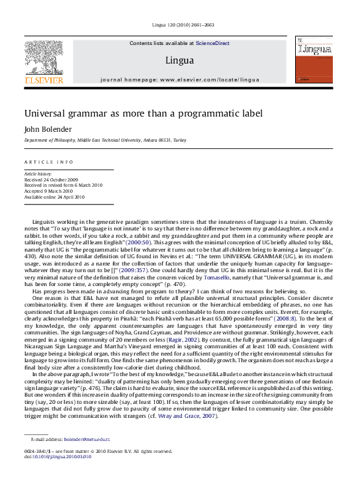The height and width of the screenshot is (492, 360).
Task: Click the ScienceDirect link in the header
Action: coord(212,43)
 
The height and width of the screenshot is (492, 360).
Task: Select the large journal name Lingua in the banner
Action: coord(179,61)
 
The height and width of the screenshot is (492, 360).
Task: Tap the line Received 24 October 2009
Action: coord(50,179)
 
